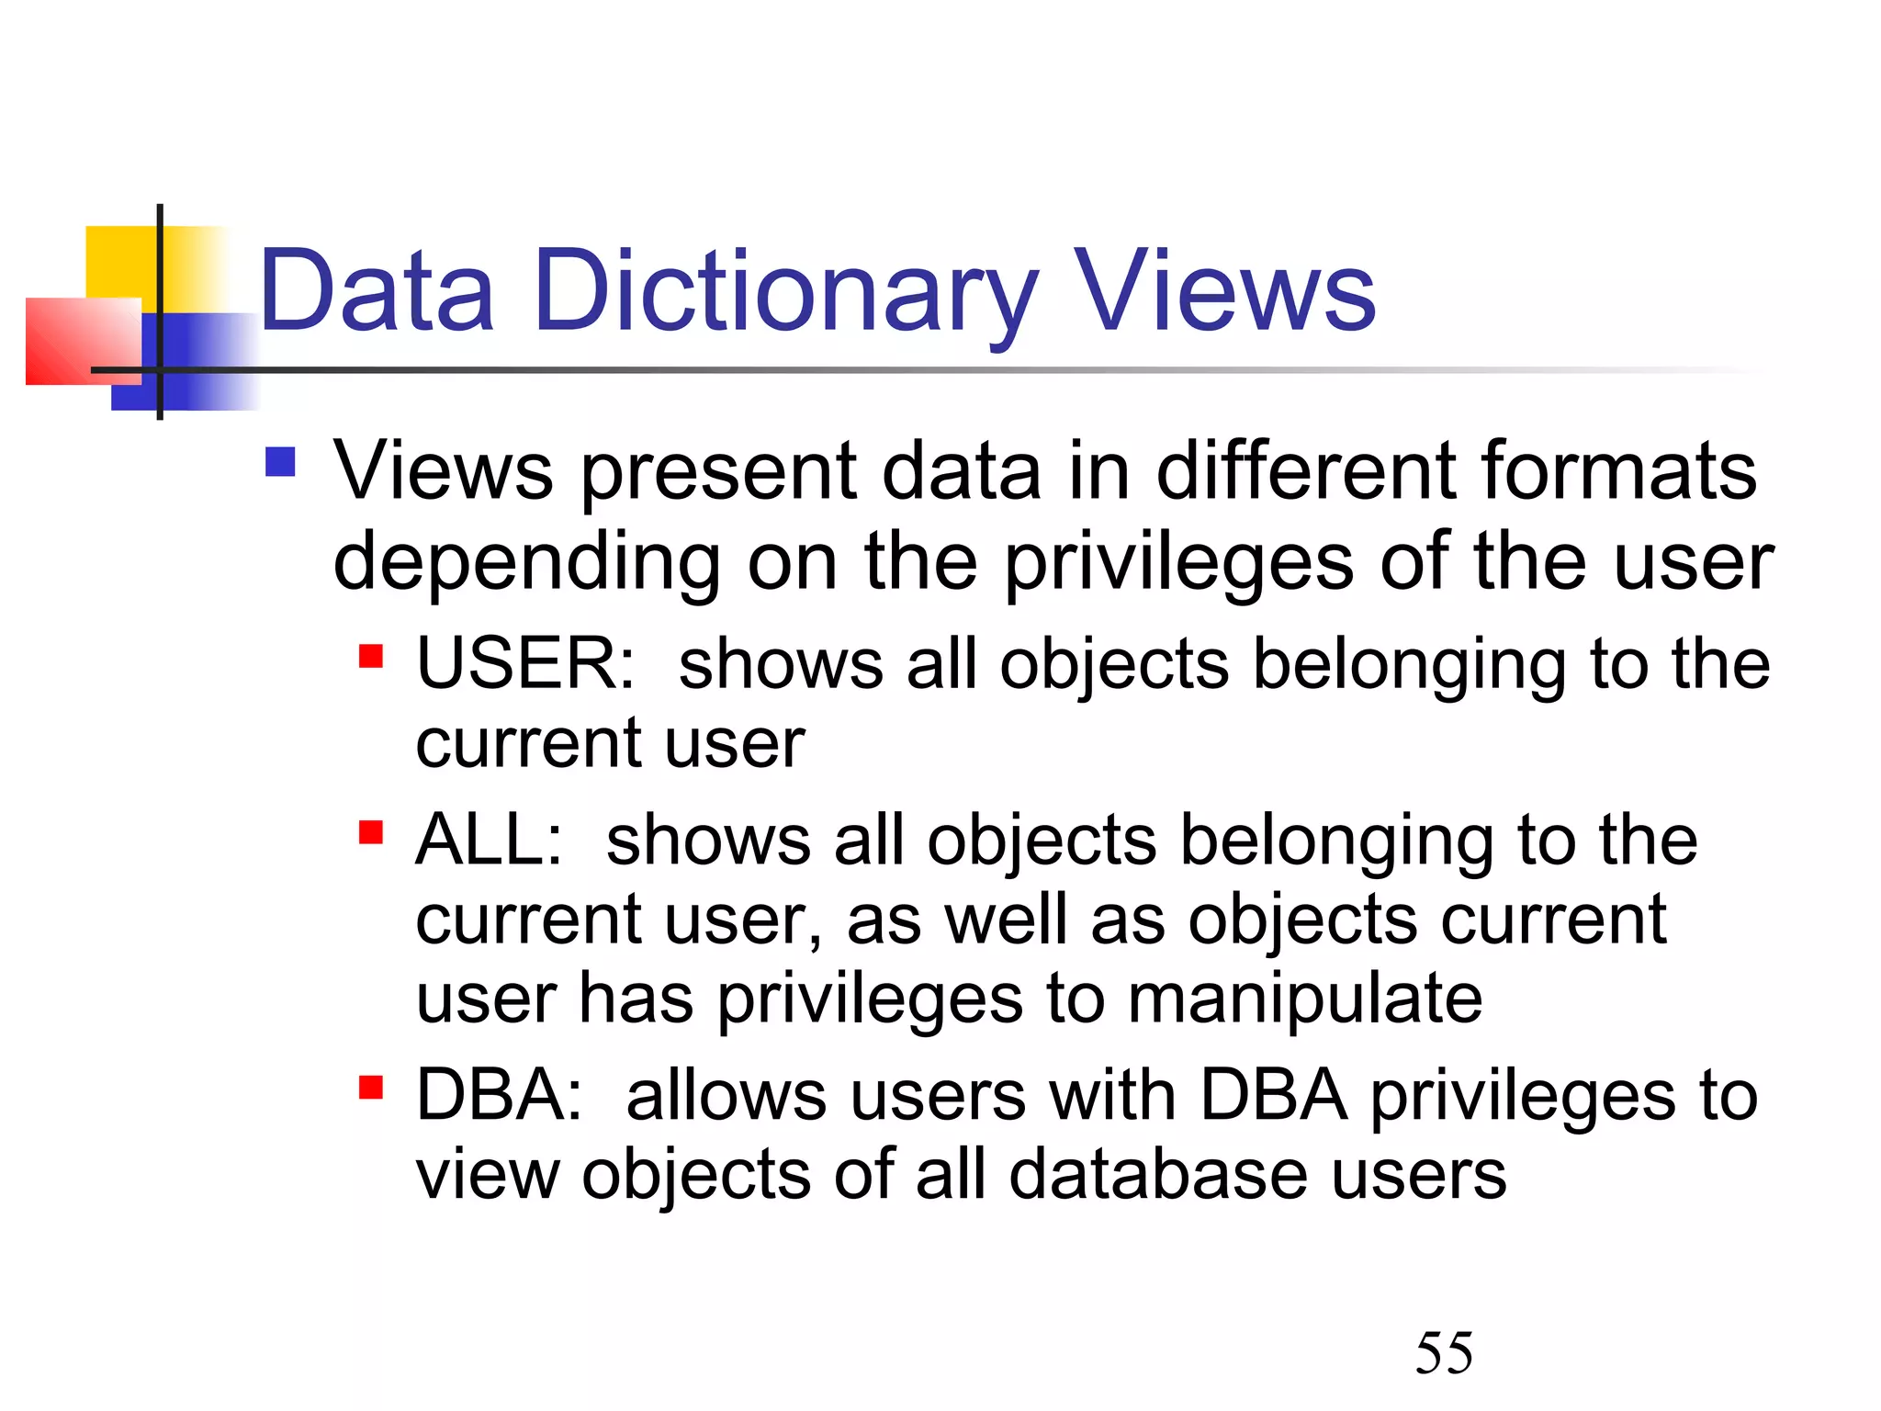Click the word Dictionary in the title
point(785,292)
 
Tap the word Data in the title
point(377,292)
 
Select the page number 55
point(1444,1353)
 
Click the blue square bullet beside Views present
point(280,462)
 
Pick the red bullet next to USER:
point(370,657)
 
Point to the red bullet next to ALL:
point(370,832)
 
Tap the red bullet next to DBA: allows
point(370,1088)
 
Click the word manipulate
point(1304,999)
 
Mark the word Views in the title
point(1226,292)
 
